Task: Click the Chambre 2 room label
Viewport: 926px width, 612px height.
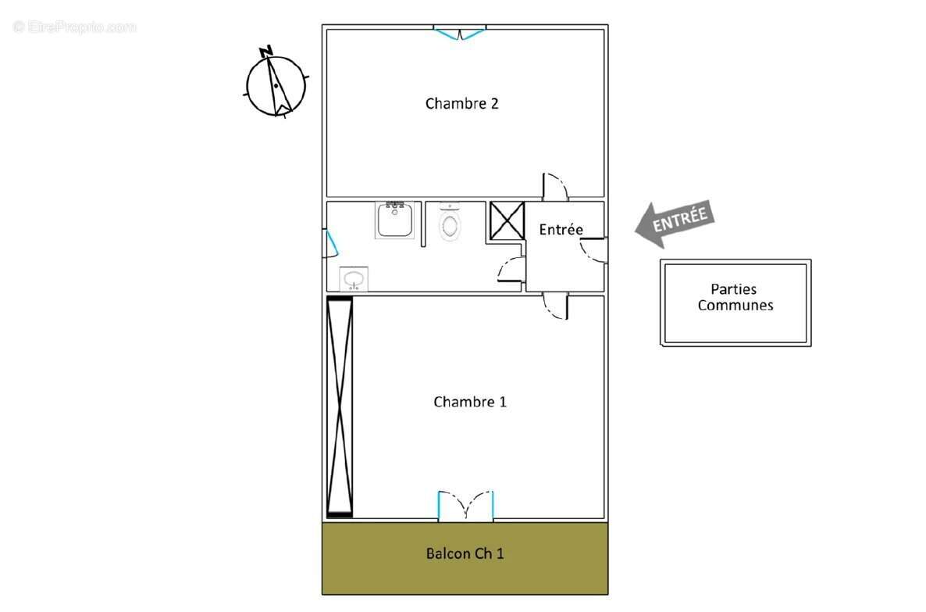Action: [x=461, y=103]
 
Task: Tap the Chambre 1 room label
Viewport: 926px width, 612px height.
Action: [x=470, y=402]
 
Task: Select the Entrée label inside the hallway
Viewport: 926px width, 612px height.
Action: [x=561, y=230]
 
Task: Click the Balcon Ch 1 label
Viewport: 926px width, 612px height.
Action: [x=465, y=553]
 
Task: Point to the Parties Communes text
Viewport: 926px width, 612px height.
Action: [x=735, y=298]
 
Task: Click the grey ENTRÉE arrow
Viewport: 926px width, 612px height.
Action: [x=673, y=223]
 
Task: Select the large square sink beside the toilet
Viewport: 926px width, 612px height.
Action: [x=394, y=220]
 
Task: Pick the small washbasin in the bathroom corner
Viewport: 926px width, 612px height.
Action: [x=354, y=279]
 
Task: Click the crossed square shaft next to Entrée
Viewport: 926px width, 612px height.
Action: [x=506, y=220]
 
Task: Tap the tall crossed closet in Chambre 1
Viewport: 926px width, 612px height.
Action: [x=340, y=406]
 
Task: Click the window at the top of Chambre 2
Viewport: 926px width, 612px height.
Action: [x=460, y=33]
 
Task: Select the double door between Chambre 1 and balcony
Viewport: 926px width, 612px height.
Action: [x=466, y=506]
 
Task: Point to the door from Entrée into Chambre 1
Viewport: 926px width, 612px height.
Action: [x=556, y=306]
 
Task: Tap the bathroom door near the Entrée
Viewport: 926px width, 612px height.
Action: [x=511, y=270]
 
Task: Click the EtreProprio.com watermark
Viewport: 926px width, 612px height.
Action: [x=74, y=27]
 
